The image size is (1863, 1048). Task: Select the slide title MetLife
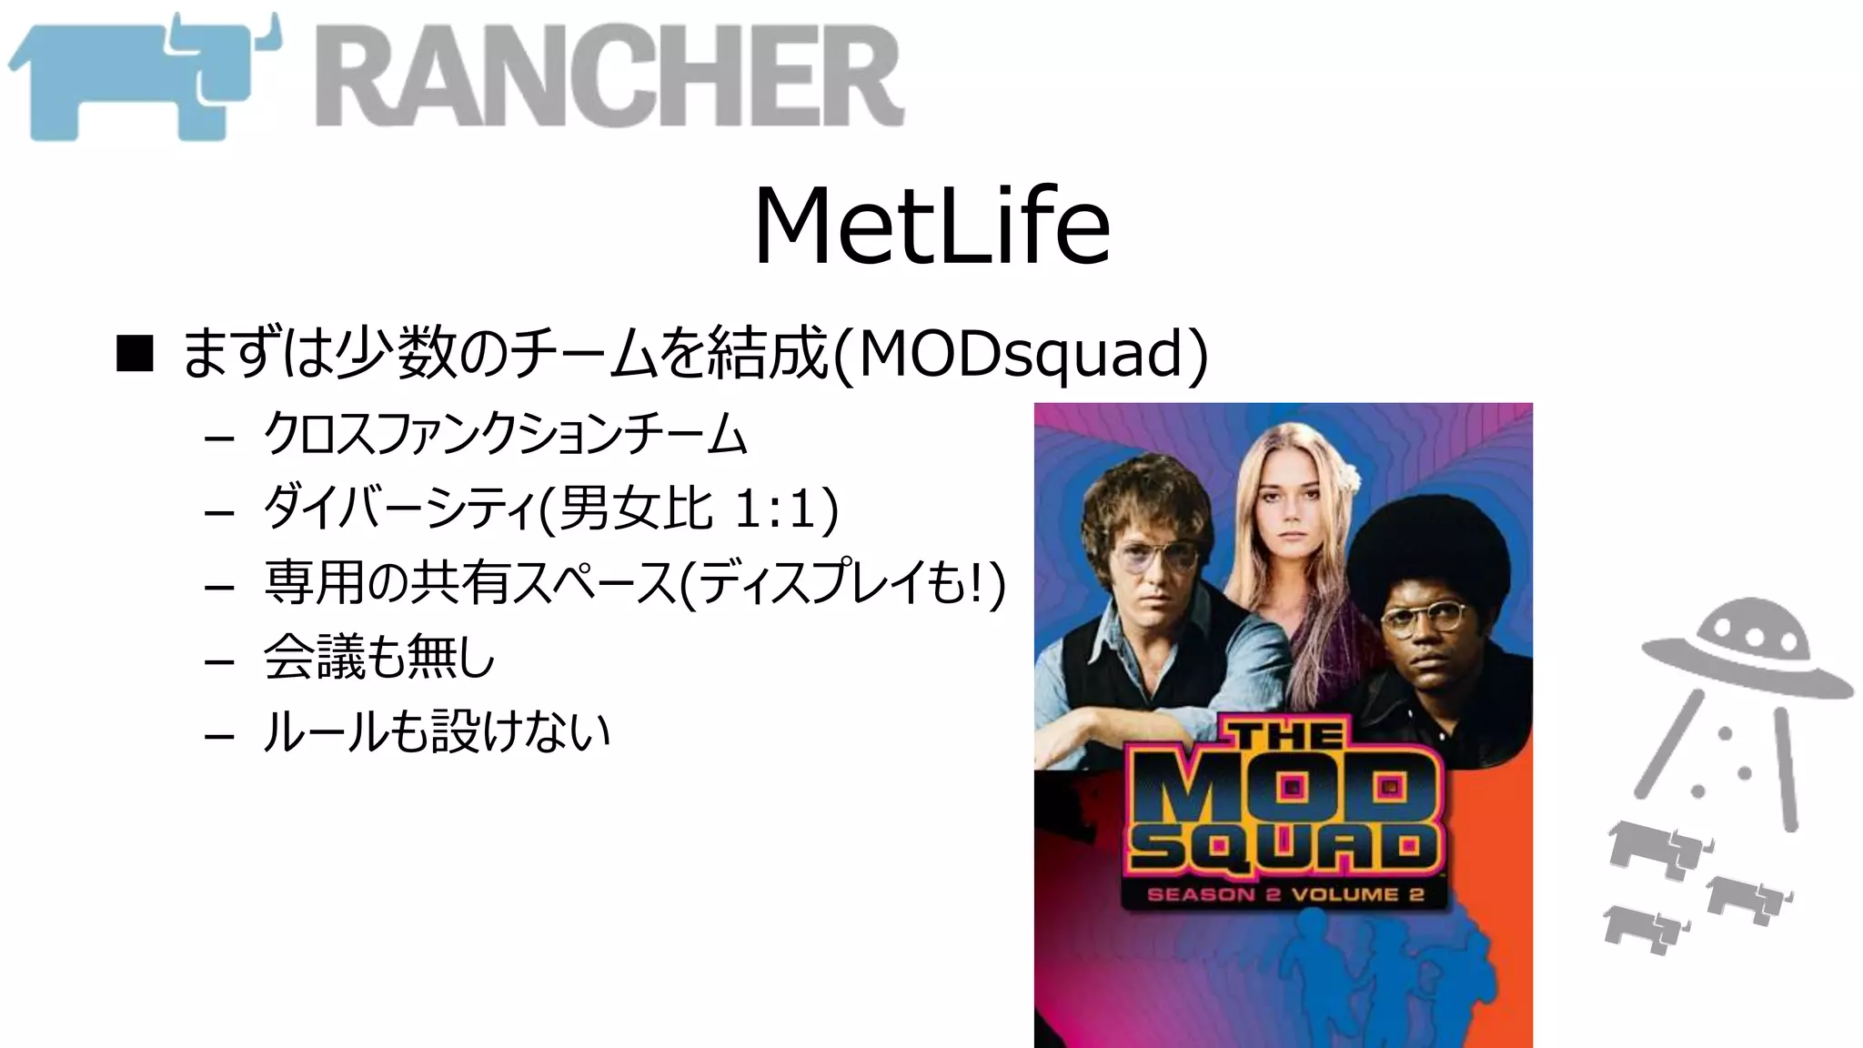coord(931,226)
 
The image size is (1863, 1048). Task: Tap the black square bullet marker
coord(135,354)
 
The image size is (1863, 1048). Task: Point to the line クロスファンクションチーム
coord(505,434)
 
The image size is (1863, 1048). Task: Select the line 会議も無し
coord(378,657)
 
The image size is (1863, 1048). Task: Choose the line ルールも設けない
coord(436,731)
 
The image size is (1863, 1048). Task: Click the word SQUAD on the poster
coord(1283,848)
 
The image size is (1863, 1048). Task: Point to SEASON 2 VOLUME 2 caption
coord(1284,894)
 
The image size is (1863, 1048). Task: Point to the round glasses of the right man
coord(1424,619)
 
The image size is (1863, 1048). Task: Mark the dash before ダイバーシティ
coord(219,512)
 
